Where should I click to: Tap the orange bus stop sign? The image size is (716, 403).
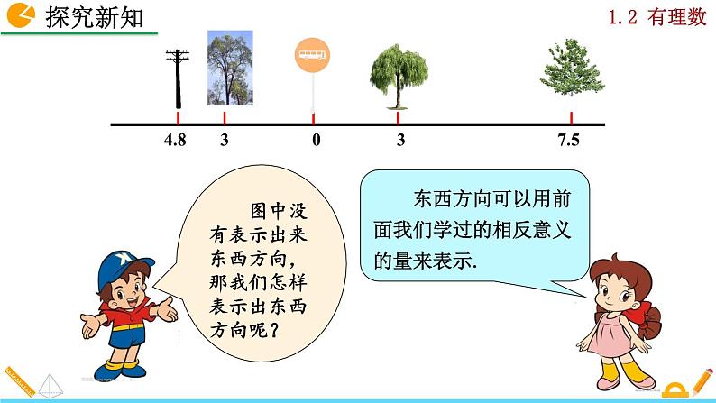[312, 55]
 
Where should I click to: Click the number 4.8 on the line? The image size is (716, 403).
[175, 141]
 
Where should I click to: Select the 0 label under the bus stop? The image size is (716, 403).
[316, 141]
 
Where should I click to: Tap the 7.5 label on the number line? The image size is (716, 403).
[569, 141]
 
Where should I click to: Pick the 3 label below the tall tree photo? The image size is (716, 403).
[225, 141]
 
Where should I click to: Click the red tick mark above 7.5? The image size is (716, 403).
[572, 118]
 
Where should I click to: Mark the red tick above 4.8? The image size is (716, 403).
[178, 118]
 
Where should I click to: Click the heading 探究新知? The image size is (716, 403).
[94, 17]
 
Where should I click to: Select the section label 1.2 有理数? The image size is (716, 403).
[662, 18]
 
